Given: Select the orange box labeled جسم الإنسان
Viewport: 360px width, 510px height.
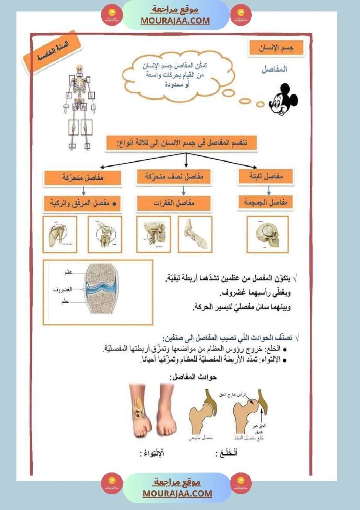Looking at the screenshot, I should point(276,49).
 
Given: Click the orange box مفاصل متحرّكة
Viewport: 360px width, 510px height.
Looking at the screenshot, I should point(76,178).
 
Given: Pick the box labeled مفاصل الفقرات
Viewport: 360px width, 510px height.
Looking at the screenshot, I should point(174,203).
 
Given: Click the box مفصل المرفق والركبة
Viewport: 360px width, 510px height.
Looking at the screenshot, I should point(82,203).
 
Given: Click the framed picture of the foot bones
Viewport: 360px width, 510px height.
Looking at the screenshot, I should point(195,234).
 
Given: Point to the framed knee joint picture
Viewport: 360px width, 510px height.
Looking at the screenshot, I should point(105,235).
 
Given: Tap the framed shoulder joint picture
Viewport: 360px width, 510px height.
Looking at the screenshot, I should point(60,235).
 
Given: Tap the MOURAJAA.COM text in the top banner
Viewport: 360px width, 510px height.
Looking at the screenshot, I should point(175,21).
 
